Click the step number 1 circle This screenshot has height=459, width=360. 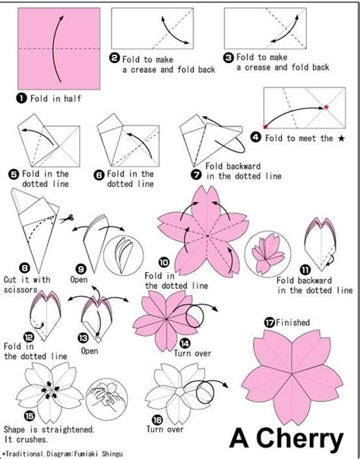(21, 98)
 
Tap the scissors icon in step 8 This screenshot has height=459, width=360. (68, 218)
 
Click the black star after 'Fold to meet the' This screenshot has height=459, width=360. (341, 138)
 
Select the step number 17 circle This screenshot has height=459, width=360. (269, 322)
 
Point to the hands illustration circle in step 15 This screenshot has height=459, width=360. (107, 399)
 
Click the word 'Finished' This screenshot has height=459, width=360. (292, 322)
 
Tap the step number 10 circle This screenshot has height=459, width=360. (164, 262)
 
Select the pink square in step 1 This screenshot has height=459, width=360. (58, 49)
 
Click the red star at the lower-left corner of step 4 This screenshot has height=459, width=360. (265, 127)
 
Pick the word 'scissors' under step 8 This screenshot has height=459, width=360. (21, 290)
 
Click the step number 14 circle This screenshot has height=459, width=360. (185, 343)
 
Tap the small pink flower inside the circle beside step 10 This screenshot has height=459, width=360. (268, 254)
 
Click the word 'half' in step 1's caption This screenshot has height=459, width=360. (72, 98)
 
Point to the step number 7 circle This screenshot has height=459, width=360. (196, 175)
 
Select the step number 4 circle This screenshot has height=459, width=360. (256, 138)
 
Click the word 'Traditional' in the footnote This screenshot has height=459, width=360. (24, 454)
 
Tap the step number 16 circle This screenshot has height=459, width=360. (157, 420)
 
